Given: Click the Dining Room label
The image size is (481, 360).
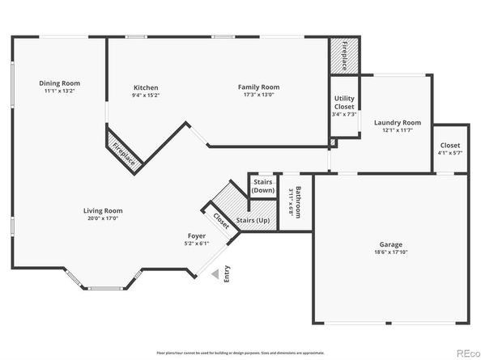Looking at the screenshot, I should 60,83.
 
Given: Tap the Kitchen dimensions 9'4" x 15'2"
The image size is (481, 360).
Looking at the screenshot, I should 146,95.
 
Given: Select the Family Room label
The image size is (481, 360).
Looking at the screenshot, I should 258,87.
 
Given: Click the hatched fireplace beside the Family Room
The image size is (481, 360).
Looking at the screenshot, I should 343,54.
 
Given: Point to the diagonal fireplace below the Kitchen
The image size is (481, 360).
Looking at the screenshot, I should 124,153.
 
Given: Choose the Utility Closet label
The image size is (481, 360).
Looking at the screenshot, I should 344,102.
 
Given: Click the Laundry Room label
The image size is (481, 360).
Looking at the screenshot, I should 397,122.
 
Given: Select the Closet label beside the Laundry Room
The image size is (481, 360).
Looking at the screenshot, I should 449,145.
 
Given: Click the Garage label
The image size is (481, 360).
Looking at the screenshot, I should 391,244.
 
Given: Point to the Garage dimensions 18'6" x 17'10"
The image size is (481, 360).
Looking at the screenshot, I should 391,252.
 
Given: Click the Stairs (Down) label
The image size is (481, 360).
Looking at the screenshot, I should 262,187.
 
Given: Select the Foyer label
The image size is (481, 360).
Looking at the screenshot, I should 198,235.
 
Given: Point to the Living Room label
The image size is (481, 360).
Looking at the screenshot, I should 103,210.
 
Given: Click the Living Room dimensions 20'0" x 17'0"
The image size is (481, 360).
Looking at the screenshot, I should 103,218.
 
